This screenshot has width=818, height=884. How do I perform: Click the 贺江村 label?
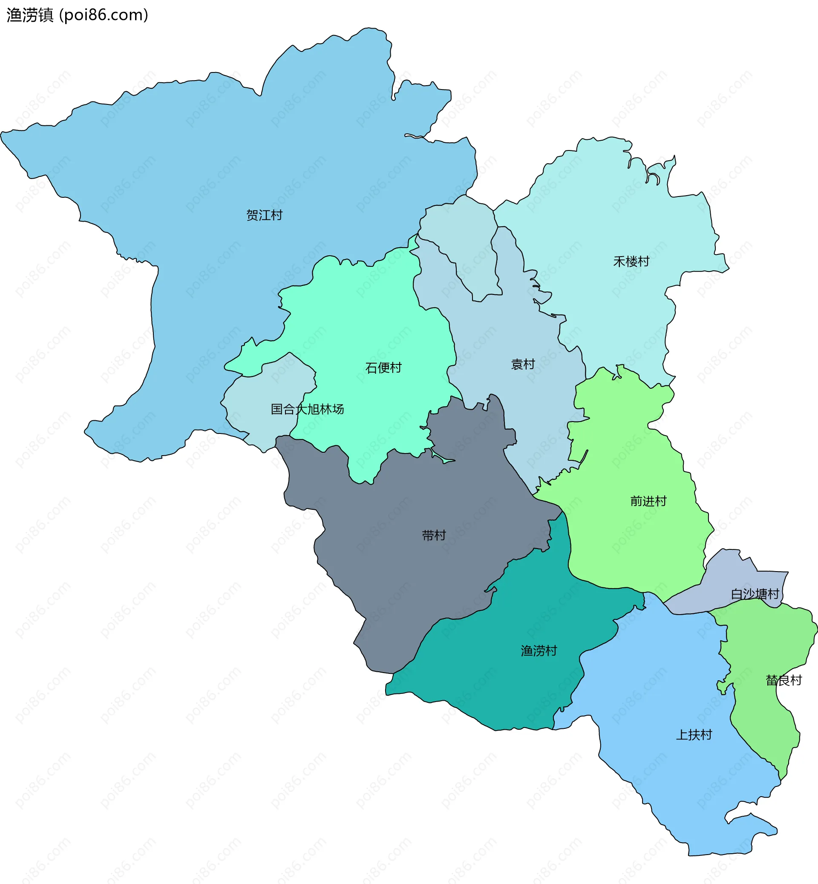(264, 215)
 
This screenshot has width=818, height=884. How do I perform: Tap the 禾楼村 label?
(631, 262)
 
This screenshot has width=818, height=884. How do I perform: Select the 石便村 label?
(383, 367)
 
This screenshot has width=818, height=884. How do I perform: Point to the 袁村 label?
(523, 364)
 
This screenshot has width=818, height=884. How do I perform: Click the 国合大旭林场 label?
(307, 409)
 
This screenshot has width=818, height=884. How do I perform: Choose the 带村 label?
(434, 535)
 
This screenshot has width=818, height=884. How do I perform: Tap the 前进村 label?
(648, 501)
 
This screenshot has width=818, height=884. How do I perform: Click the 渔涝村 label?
(539, 650)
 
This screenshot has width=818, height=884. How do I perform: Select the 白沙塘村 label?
(755, 594)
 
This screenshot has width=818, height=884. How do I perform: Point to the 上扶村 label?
(694, 735)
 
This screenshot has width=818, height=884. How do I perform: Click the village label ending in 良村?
(784, 680)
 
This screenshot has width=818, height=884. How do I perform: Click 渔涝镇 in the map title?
(30, 15)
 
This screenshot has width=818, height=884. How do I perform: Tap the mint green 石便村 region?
(376, 319)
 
